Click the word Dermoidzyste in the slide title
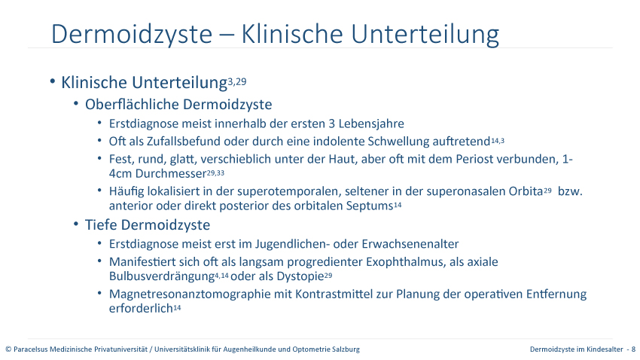[x=132, y=35]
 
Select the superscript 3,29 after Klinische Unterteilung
[x=237, y=81]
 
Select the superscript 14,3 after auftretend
[x=498, y=141]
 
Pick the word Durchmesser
[x=171, y=173]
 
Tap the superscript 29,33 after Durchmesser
[x=215, y=173]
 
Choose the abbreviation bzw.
[x=570, y=191]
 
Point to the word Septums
[x=370, y=206]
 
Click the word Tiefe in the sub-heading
[x=101, y=225]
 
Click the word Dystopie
[x=300, y=276]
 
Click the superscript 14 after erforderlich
[x=177, y=308]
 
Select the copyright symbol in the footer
[x=8, y=349]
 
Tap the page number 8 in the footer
[x=633, y=349]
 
